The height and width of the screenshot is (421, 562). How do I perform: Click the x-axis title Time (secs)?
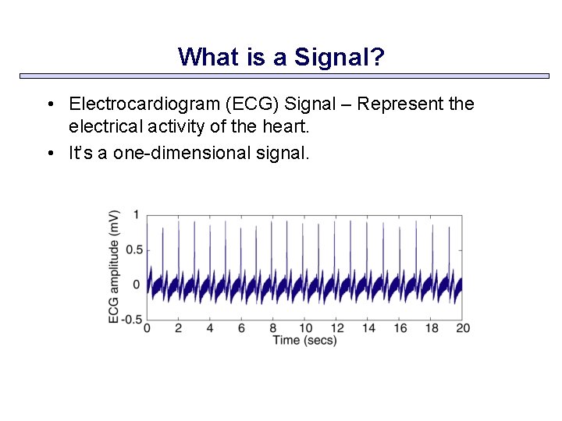coord(304,341)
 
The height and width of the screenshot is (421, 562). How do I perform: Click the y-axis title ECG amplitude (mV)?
coord(114,266)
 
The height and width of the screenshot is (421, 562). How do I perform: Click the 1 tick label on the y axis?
coord(136,214)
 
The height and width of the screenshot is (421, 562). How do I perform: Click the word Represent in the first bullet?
coord(406,104)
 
